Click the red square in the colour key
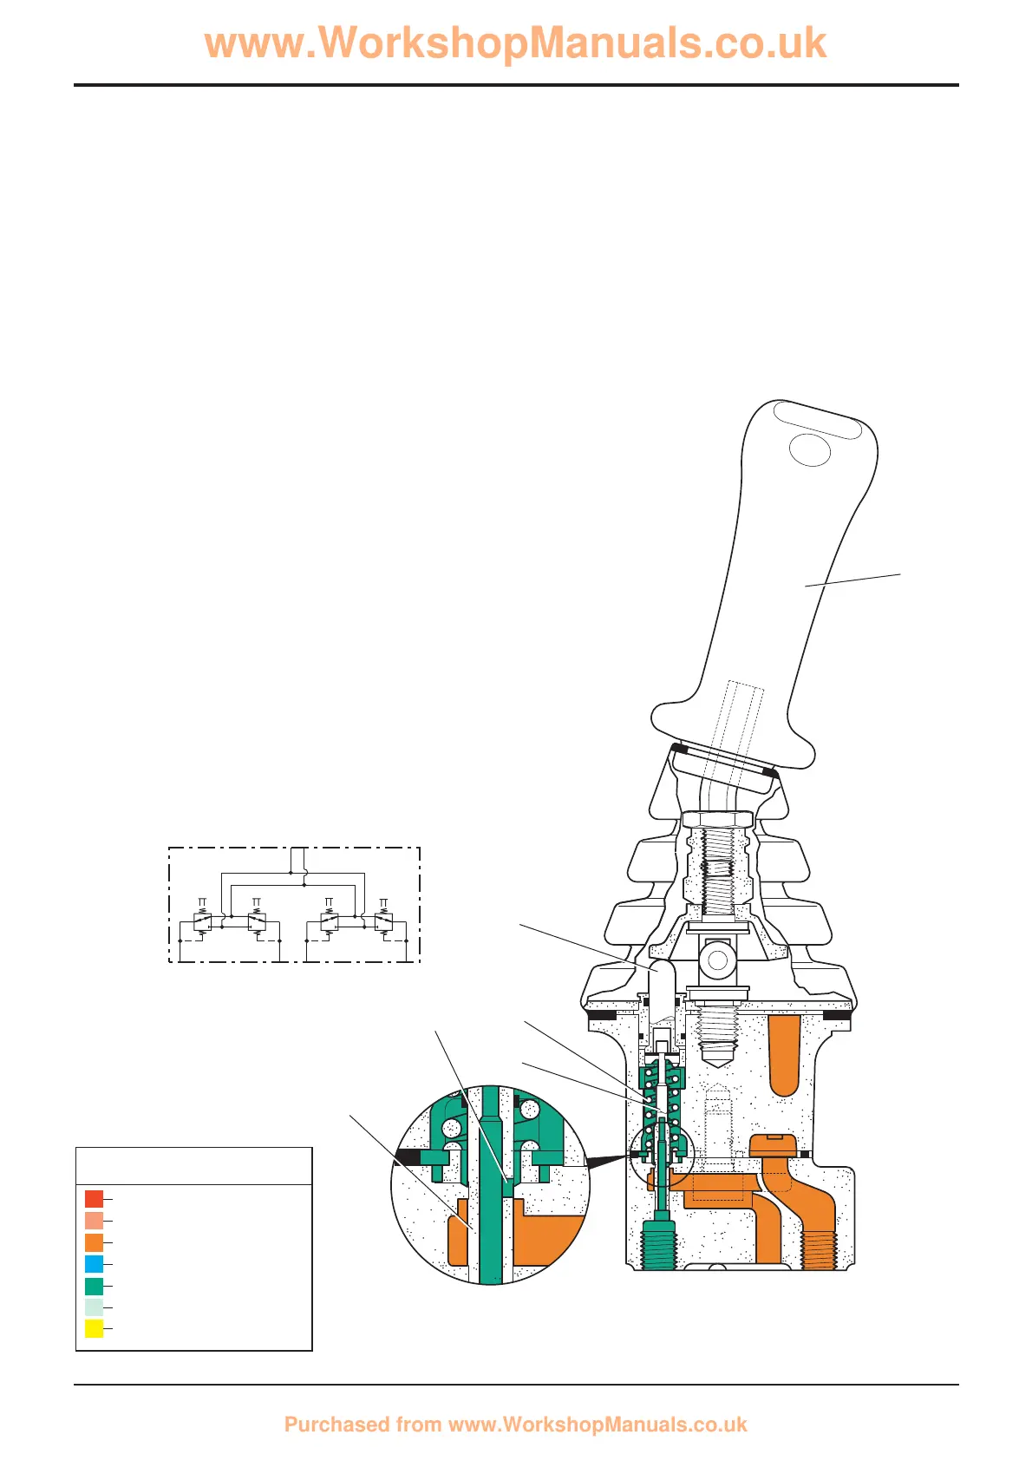coord(94,1199)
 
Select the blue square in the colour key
coord(94,1264)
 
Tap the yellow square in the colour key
coord(94,1328)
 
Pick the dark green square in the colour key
coord(94,1287)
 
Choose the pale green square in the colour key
coord(94,1307)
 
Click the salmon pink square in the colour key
coord(94,1221)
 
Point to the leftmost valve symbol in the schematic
coord(202,921)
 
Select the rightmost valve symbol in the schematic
coord(383,921)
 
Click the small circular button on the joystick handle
coord(810,450)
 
